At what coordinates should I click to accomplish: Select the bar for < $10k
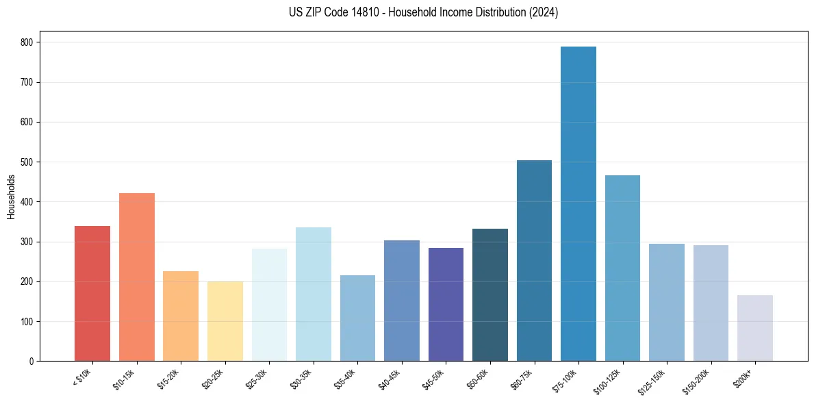click(x=92, y=294)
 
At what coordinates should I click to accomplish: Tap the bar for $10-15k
click(x=137, y=277)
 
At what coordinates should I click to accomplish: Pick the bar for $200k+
click(x=755, y=328)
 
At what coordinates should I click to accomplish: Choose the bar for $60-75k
click(x=534, y=261)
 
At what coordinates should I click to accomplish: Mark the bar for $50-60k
click(x=490, y=295)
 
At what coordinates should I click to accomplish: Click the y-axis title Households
click(x=11, y=197)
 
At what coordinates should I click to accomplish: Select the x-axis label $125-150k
click(x=653, y=381)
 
